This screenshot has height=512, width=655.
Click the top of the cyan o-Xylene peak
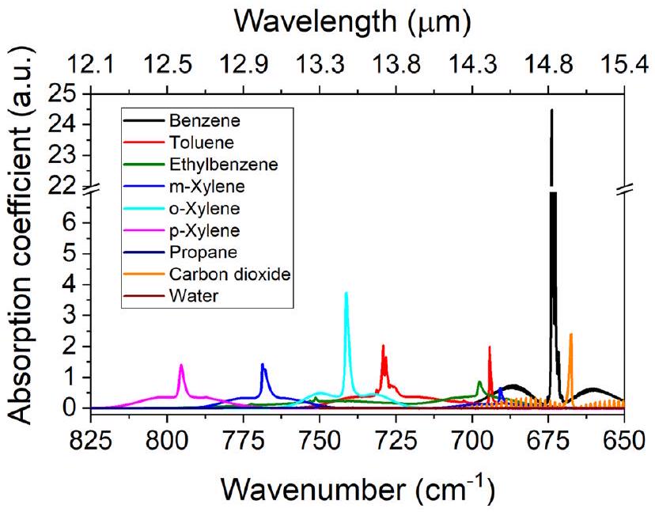coord(346,293)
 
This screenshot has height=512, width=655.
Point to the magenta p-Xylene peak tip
coord(181,365)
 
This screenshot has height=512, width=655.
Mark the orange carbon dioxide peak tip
coord(570,334)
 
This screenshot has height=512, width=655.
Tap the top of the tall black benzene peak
coord(551,110)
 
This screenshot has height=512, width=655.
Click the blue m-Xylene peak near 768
coord(263,364)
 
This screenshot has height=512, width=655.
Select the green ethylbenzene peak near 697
coord(479,382)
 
